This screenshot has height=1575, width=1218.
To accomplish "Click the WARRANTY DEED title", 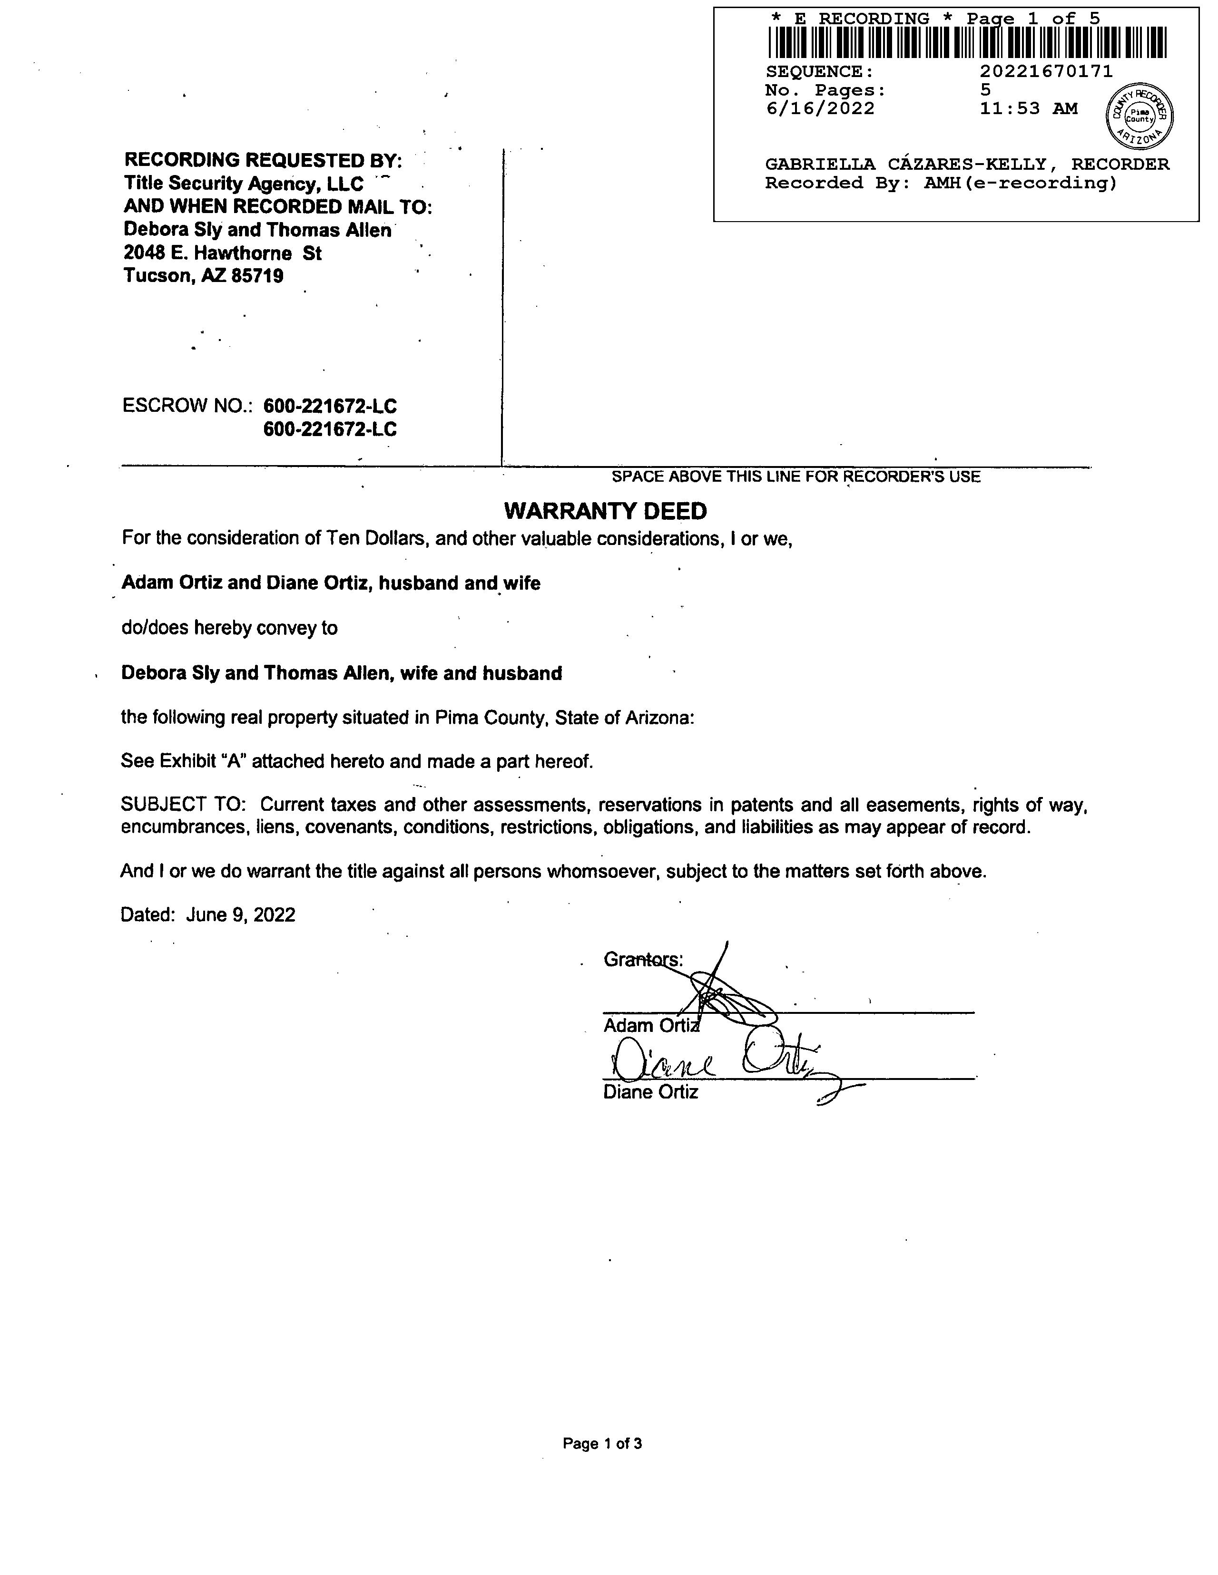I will (605, 511).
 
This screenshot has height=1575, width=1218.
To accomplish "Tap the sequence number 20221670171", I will (1046, 71).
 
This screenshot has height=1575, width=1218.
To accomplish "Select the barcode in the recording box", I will (967, 42).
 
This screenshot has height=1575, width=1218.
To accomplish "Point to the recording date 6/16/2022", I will (820, 109).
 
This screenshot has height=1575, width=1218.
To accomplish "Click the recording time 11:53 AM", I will (1028, 109).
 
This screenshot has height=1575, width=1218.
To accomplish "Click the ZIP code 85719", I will (257, 276).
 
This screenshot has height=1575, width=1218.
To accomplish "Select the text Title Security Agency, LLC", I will (244, 184).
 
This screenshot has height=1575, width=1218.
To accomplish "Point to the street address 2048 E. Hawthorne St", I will (222, 253).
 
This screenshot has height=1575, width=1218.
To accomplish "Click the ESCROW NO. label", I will (187, 406).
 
